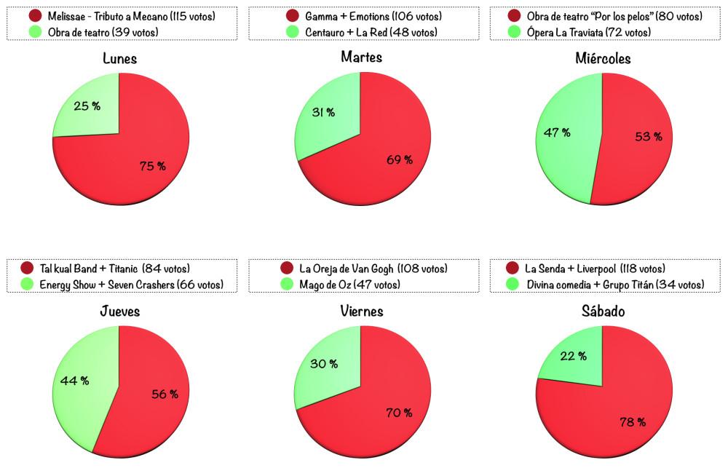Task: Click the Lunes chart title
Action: [x=120, y=59]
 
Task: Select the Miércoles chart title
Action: [x=601, y=59]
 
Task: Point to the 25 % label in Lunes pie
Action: [x=87, y=106]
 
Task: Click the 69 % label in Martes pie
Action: [x=400, y=159]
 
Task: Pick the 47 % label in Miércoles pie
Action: [x=557, y=132]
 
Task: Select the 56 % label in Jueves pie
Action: [x=165, y=394]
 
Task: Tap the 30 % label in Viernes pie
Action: [x=324, y=364]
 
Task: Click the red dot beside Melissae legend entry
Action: [x=35, y=15]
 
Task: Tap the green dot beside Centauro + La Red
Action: [x=292, y=31]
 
